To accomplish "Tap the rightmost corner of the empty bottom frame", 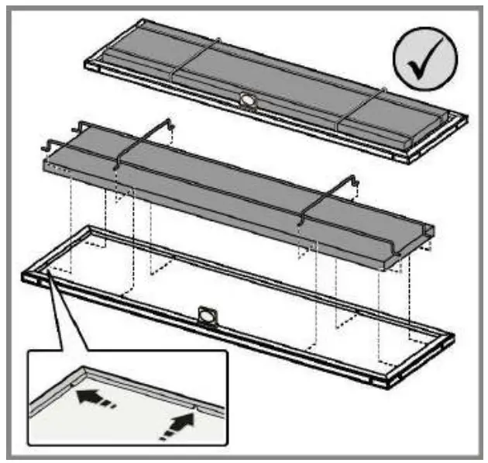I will coord(452,335).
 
